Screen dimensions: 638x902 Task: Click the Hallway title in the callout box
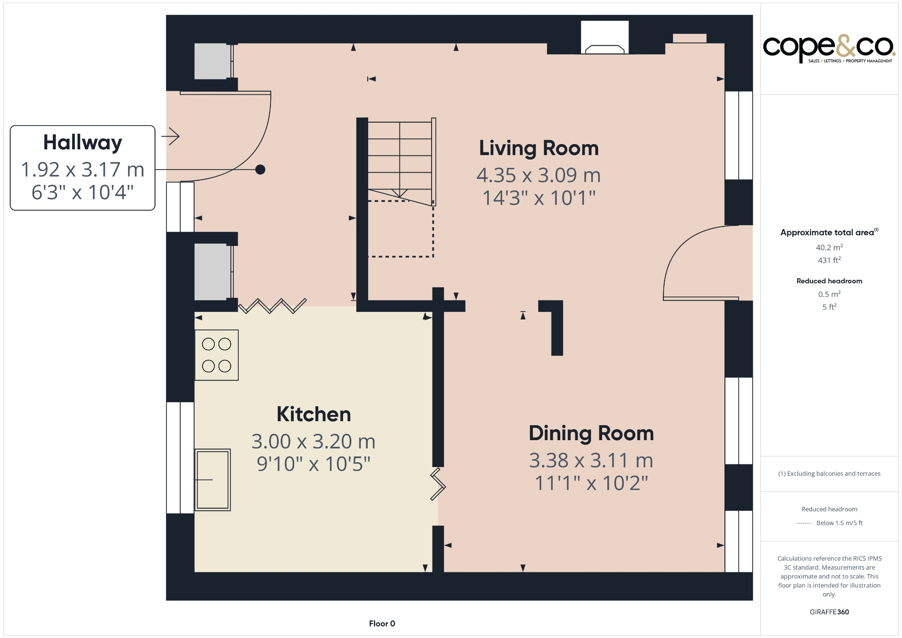coord(82,143)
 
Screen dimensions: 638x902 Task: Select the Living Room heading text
coord(539,148)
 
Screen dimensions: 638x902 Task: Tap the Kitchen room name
coord(314,415)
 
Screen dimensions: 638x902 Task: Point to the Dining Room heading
coord(591,434)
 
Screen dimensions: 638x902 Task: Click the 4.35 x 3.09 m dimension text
coord(539,175)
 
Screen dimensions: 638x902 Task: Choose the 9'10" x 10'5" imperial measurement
coord(314,464)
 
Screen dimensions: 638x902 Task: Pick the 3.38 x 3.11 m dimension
coord(591,461)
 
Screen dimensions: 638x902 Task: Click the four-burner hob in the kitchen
coord(217,355)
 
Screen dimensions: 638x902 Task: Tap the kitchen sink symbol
coord(213,480)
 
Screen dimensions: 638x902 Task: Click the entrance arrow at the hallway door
coord(171,136)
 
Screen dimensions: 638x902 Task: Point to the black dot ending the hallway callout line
coord(260,170)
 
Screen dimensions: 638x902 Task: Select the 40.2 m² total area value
coord(829,248)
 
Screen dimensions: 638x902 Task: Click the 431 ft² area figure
coord(829,260)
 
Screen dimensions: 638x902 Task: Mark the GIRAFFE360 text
coord(829,612)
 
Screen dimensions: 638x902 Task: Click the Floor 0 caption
coord(382,623)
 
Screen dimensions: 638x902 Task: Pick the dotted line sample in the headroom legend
coord(804,523)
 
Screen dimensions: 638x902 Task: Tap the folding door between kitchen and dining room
coord(438,485)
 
